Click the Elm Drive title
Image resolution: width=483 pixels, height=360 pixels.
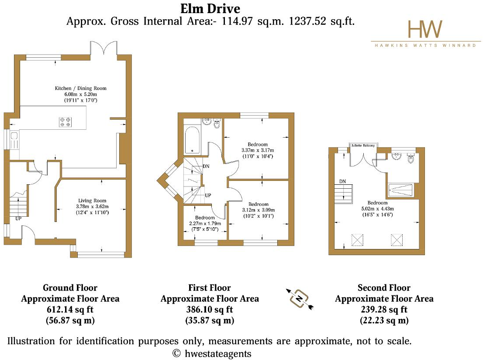210,9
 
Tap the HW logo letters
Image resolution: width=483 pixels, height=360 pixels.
425,29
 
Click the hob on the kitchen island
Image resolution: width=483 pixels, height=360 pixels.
66,122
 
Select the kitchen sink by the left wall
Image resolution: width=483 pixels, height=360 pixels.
14,140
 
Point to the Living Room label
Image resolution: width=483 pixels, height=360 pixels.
92,201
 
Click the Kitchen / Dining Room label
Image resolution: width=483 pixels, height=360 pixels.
81,88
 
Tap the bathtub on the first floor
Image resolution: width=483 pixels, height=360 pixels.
192,140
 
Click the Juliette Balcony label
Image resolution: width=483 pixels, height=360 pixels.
363,145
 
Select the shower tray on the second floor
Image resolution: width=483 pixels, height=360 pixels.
400,190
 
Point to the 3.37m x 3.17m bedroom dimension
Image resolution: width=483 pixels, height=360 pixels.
258,150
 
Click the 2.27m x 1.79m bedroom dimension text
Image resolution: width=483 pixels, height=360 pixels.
205,223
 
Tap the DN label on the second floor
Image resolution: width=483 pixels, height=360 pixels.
342,182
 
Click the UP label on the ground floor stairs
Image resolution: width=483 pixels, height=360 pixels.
18,218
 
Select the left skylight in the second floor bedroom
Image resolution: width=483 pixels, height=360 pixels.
357,240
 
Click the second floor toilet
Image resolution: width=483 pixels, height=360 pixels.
411,158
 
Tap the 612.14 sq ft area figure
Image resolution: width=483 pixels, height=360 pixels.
70,309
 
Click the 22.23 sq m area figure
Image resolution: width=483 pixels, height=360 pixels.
384,321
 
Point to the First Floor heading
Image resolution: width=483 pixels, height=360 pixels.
210,288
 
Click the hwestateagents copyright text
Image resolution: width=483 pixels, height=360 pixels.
212,353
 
